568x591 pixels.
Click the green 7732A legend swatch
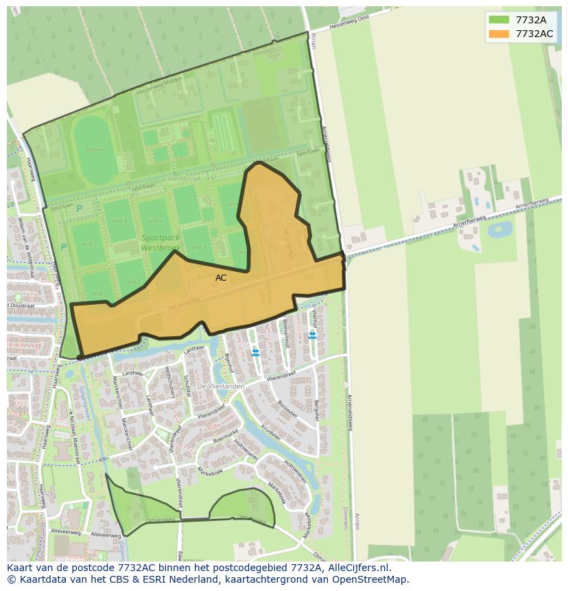[499, 20]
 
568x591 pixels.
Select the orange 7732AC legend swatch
[499, 34]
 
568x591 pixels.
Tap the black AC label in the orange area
[221, 278]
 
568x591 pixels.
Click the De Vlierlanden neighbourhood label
[221, 386]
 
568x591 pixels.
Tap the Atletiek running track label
[95, 149]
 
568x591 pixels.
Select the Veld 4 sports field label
[119, 221]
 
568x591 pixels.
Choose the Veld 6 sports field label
[155, 221]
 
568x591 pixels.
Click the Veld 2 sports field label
[88, 244]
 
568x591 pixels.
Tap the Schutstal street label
[187, 385]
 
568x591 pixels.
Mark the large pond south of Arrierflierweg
[499, 229]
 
